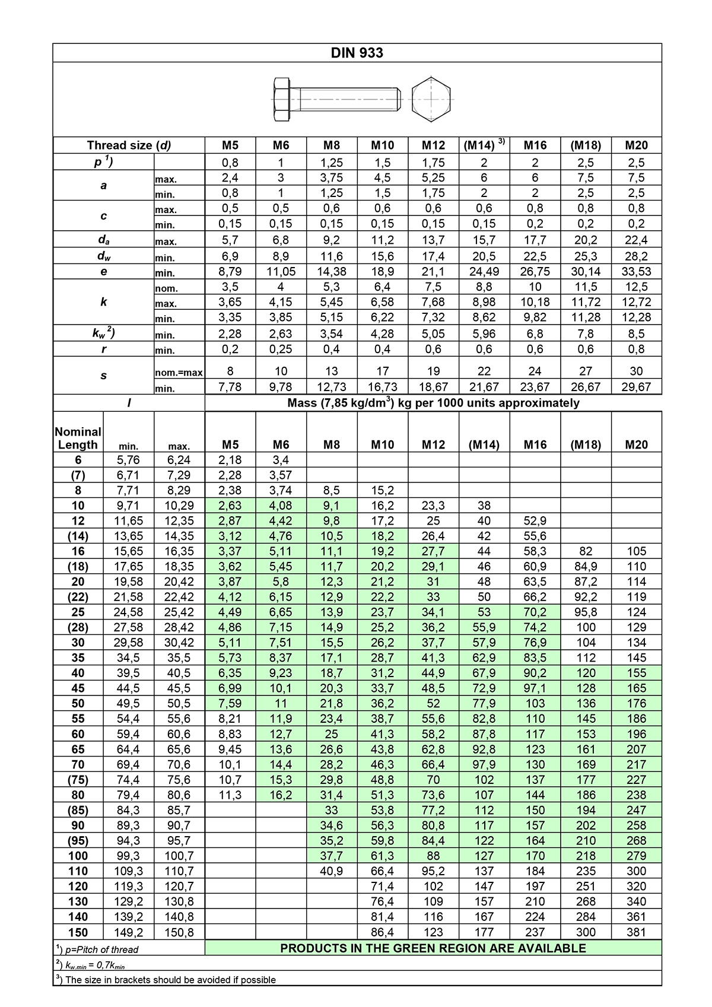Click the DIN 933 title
pyautogui.click(x=357, y=53)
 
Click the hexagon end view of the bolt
pyautogui.click(x=431, y=99)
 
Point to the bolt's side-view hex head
pyautogui.click(x=282, y=99)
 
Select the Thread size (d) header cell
pyautogui.click(x=129, y=145)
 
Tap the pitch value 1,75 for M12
pyautogui.click(x=433, y=163)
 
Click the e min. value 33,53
pyautogui.click(x=636, y=272)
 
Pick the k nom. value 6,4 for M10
pyautogui.click(x=382, y=287)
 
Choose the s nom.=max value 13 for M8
pyautogui.click(x=332, y=371)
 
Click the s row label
pyautogui.click(x=104, y=376)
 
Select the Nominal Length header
pyautogui.click(x=78, y=438)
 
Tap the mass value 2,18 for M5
pyautogui.click(x=230, y=460)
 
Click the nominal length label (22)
pyautogui.click(x=78, y=597)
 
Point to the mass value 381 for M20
pyautogui.click(x=636, y=932)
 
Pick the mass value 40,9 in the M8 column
pyautogui.click(x=332, y=871)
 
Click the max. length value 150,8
pyautogui.click(x=179, y=932)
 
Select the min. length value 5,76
pyautogui.click(x=128, y=460)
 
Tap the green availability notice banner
pyautogui.click(x=433, y=948)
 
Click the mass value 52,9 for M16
pyautogui.click(x=535, y=521)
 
